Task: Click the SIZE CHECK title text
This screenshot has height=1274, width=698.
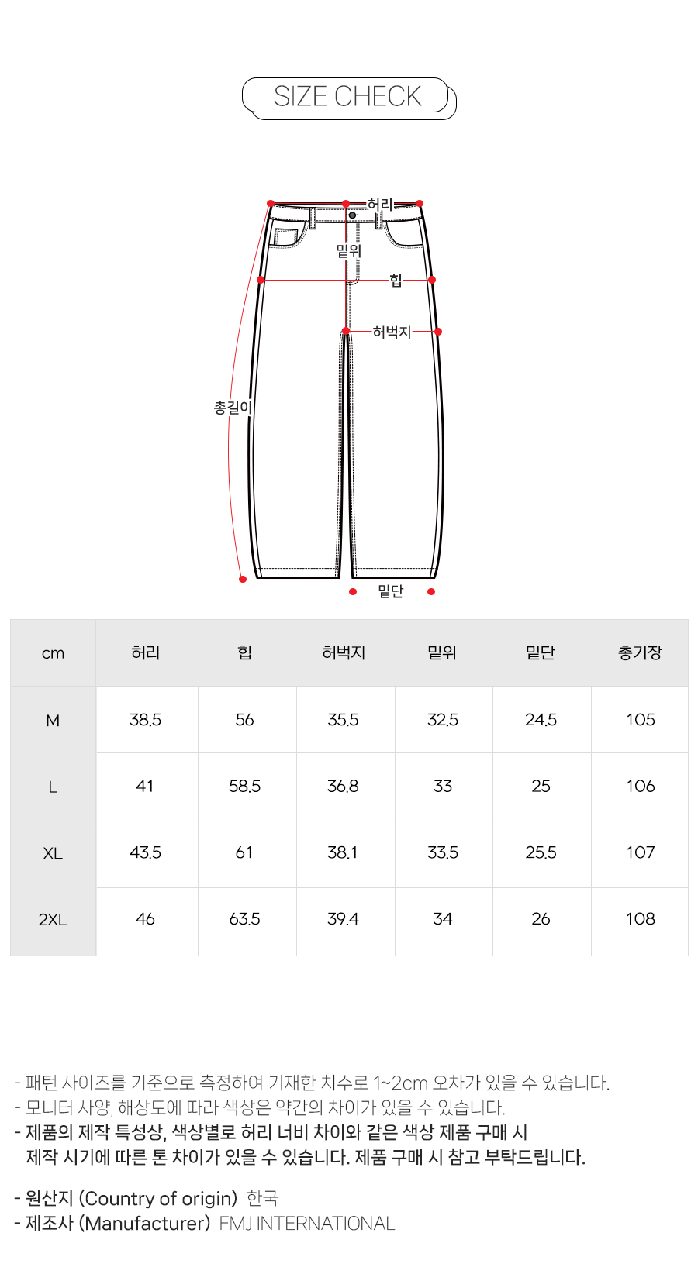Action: (347, 96)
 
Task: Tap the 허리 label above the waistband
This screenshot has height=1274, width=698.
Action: (380, 204)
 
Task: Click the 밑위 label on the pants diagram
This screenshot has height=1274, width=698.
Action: (348, 250)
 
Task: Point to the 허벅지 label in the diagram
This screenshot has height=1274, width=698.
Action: (392, 332)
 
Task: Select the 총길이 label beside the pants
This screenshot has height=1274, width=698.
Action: (233, 407)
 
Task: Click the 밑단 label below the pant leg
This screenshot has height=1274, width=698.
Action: (391, 591)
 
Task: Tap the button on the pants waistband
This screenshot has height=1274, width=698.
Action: (352, 215)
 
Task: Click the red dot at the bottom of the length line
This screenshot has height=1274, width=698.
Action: (243, 579)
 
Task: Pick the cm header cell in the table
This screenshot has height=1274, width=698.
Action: (53, 653)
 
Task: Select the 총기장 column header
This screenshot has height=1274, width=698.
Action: (640, 652)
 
